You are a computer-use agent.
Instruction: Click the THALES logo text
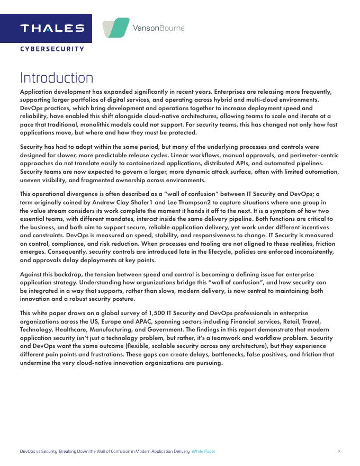click(x=52, y=28)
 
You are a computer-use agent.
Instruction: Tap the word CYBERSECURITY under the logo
click(x=52, y=49)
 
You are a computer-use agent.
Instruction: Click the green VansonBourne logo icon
click(x=116, y=28)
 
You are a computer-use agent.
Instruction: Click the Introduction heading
click(x=57, y=78)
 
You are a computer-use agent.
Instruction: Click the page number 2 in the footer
click(x=338, y=451)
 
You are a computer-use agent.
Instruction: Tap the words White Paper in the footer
click(x=203, y=451)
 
